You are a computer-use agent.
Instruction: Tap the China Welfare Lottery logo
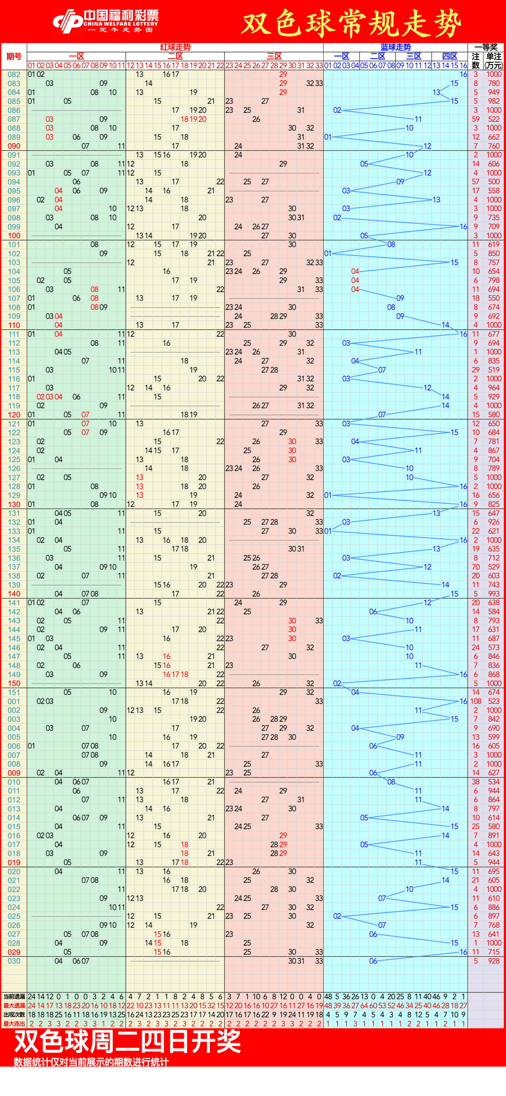click(x=106, y=22)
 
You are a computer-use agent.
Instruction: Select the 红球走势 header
click(x=175, y=47)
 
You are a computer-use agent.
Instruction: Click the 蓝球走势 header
click(x=395, y=47)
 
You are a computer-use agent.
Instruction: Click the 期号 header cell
click(x=14, y=57)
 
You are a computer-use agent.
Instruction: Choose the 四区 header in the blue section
click(x=449, y=56)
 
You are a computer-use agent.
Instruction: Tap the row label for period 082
click(x=14, y=74)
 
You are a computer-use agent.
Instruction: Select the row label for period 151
click(x=14, y=692)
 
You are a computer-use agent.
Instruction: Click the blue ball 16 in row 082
click(x=463, y=74)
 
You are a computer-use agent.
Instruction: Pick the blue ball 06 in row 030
click(x=373, y=961)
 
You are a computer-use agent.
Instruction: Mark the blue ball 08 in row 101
click(x=391, y=244)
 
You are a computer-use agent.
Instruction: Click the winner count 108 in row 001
click(x=476, y=701)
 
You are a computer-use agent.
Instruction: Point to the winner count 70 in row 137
click(x=476, y=567)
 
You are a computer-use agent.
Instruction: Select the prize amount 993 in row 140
click(x=494, y=594)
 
